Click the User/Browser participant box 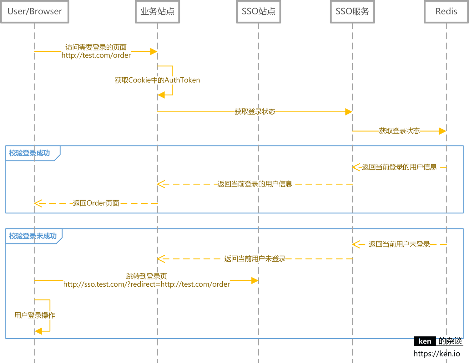[x=35, y=12]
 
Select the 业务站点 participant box [x=157, y=12]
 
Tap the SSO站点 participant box [x=259, y=12]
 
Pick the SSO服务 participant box [x=352, y=12]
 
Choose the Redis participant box [x=446, y=12]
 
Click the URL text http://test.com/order [x=96, y=55]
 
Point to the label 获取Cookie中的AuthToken [x=157, y=80]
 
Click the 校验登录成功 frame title [x=29, y=153]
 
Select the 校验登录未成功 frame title [x=33, y=236]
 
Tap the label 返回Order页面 [x=96, y=203]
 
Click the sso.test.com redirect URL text [x=147, y=284]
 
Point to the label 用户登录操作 [x=35, y=315]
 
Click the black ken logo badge [x=425, y=341]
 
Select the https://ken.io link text [x=436, y=354]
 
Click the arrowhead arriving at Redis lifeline [x=442, y=131]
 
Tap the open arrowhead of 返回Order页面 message [x=38, y=203]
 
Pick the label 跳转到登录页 [x=147, y=276]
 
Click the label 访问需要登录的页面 [x=96, y=47]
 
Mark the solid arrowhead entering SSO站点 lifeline [x=255, y=281]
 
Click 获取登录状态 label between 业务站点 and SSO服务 [x=255, y=112]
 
